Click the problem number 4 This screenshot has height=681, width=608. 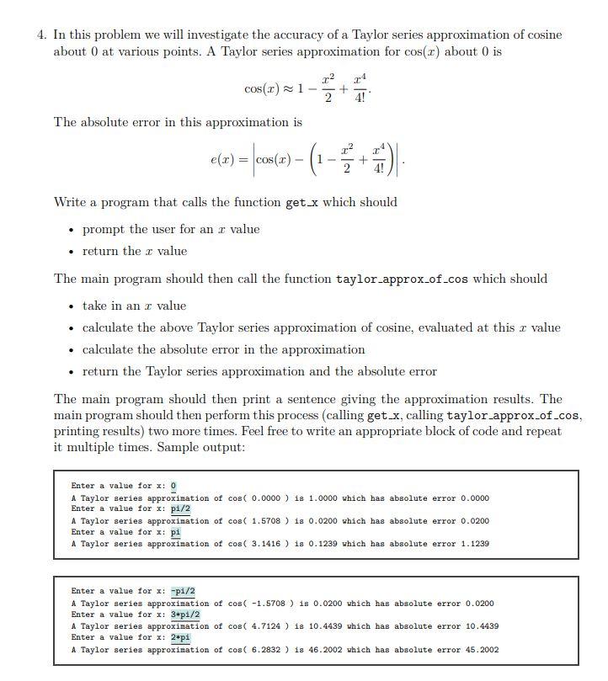(40, 35)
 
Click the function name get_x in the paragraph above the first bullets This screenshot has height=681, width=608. (307, 202)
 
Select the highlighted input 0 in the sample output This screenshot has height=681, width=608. (173, 486)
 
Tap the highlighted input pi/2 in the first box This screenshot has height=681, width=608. (180, 508)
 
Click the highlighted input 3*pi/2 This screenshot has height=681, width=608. (185, 614)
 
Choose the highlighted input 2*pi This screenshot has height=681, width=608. (180, 637)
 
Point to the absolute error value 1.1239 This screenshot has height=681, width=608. (475, 544)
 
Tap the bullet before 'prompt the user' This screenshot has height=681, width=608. (72, 230)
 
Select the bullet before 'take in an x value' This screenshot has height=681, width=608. (72, 306)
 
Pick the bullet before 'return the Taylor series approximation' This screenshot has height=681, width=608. (72, 372)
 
